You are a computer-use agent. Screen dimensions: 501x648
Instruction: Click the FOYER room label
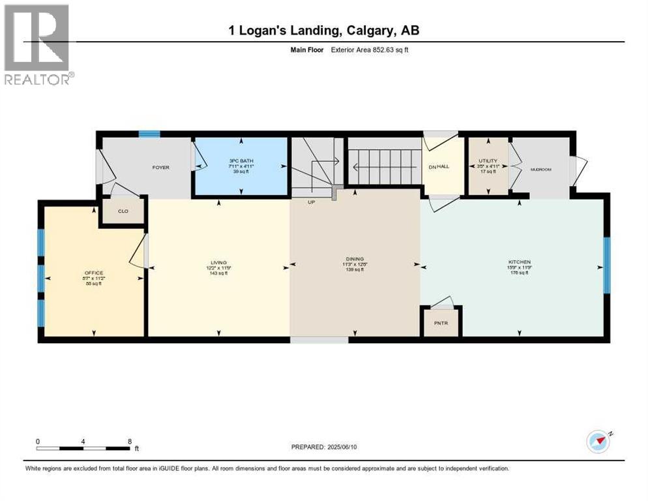[x=161, y=168]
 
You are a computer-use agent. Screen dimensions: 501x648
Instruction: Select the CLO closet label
[x=122, y=211]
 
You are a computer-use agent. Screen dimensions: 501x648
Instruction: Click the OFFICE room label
[x=94, y=273]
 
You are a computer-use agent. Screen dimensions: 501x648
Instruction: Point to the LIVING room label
[x=218, y=262]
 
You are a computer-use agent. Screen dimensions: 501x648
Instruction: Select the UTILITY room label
[x=488, y=160]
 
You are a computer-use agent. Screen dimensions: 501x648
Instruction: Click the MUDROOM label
[x=540, y=170]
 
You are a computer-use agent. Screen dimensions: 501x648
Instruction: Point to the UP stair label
[x=312, y=202]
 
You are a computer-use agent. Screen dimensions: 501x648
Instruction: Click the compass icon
[x=598, y=442]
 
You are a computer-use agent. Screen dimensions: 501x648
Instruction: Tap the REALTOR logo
[x=37, y=44]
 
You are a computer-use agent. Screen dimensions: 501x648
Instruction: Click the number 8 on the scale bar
[x=129, y=441]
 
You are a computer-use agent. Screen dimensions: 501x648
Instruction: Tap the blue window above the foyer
[x=149, y=134]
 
